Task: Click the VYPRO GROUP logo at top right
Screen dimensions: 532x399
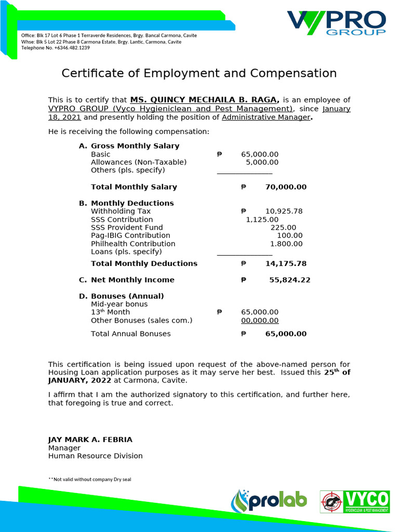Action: point(336,23)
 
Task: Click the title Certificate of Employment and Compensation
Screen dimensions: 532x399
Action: point(199,73)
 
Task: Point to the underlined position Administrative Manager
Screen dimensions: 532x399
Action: point(265,117)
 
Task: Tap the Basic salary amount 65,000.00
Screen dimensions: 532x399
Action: point(260,154)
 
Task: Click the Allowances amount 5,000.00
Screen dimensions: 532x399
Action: point(262,162)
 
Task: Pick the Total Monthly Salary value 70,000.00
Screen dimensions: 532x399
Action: point(286,187)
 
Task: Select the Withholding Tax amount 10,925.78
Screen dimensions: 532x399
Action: point(284,211)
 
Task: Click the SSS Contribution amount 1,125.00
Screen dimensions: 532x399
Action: point(262,220)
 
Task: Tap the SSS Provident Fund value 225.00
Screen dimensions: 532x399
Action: point(283,228)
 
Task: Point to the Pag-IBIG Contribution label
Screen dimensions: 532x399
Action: point(130,235)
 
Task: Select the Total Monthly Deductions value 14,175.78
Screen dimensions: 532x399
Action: point(286,264)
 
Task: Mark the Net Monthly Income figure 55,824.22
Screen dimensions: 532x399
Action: point(289,280)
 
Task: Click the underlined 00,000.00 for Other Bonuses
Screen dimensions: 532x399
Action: point(260,321)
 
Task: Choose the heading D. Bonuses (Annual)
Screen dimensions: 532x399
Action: point(121,296)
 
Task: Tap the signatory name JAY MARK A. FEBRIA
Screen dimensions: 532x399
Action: point(90,440)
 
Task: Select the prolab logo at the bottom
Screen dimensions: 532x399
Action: point(269,501)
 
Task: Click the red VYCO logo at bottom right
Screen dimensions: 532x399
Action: point(354,501)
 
